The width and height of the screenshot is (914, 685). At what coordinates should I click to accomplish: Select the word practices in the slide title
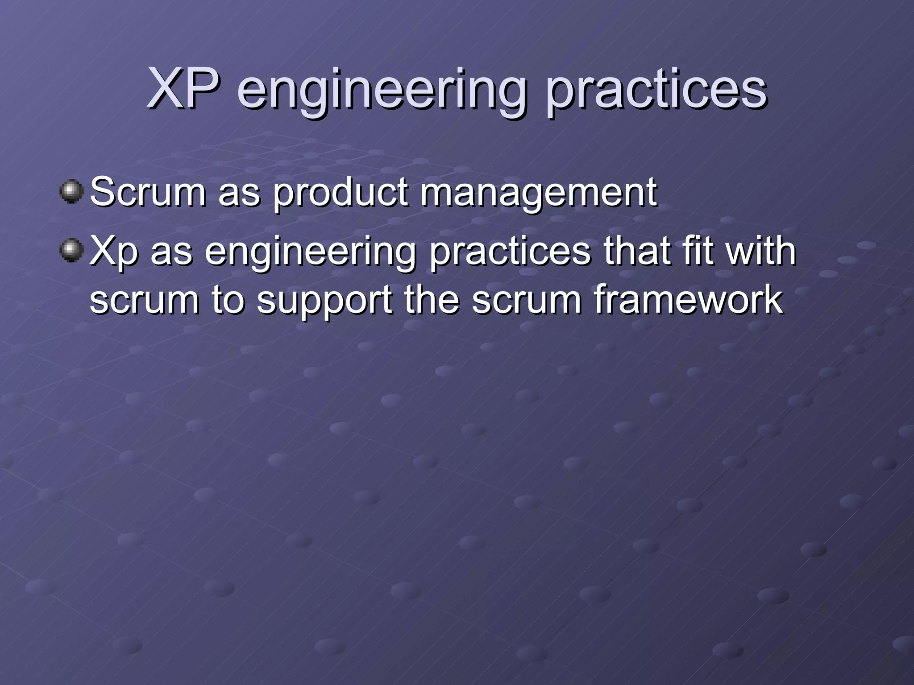click(x=656, y=91)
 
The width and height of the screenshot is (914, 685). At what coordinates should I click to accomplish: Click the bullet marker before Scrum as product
click(x=71, y=192)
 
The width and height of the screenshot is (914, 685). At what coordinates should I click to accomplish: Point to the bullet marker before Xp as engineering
click(x=71, y=250)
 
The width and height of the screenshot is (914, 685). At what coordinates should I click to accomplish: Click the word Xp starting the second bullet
click(x=114, y=252)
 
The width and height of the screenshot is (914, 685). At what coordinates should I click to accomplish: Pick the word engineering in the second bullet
click(x=310, y=253)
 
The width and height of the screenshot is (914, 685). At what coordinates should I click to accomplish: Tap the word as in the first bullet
click(x=239, y=194)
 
